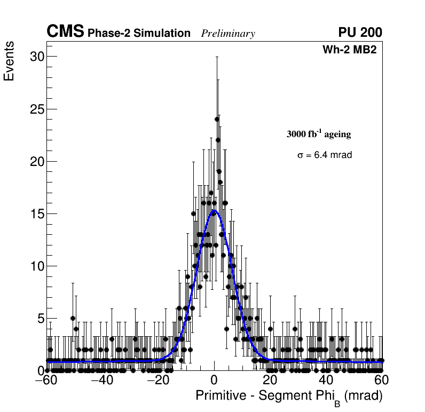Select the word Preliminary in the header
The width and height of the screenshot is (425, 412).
(228, 34)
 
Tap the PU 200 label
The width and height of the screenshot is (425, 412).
(360, 33)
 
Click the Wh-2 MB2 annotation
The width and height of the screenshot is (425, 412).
(352, 50)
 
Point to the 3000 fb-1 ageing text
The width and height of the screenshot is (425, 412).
(319, 134)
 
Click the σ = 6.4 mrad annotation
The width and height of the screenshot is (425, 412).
(325, 155)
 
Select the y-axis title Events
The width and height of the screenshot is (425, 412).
(9, 61)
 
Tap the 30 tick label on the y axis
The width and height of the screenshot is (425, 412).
(36, 57)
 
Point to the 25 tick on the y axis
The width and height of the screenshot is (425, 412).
(36, 109)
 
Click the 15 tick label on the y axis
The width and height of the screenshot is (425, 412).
(36, 213)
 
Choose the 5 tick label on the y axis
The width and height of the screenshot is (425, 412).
(40, 318)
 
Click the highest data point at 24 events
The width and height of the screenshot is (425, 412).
(217, 119)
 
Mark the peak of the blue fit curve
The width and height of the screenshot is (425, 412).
(214, 211)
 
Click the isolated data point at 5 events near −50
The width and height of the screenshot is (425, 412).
(73, 318)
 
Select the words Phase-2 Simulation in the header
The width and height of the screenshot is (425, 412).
(139, 34)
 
